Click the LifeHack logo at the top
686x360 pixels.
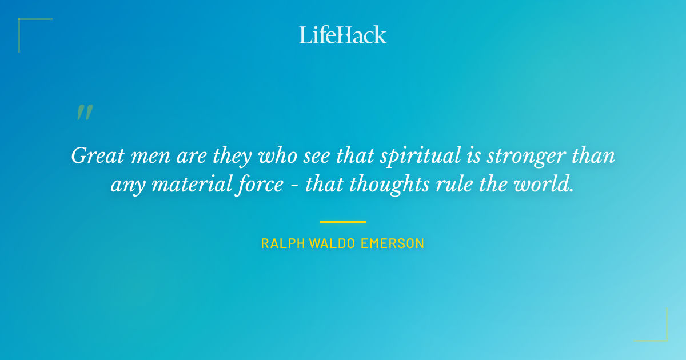[343, 35]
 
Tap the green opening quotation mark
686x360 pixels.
[85, 113]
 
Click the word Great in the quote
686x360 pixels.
[94, 156]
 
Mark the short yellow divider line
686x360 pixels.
[343, 222]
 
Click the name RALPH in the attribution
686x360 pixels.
[283, 243]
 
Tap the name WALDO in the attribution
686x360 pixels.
[333, 243]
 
